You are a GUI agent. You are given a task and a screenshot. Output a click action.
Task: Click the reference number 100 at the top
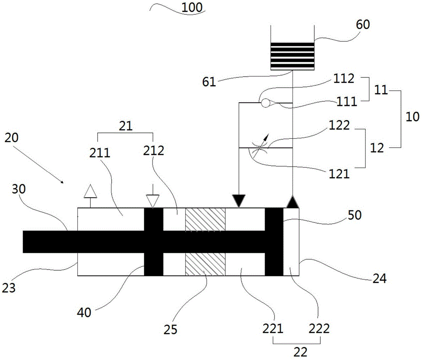(x=192, y=8)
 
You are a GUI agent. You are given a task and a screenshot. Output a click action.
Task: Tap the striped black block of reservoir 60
(x=292, y=56)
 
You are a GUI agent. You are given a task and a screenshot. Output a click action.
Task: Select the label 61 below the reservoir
(x=209, y=82)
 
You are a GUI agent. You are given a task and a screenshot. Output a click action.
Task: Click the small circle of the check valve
(x=266, y=103)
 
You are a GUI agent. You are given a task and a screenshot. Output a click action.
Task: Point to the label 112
(x=344, y=78)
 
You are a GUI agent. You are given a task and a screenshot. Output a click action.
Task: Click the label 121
(x=339, y=174)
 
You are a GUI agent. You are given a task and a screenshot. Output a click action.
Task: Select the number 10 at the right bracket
(x=412, y=117)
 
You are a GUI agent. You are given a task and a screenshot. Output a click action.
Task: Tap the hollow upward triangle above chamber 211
(x=90, y=191)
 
